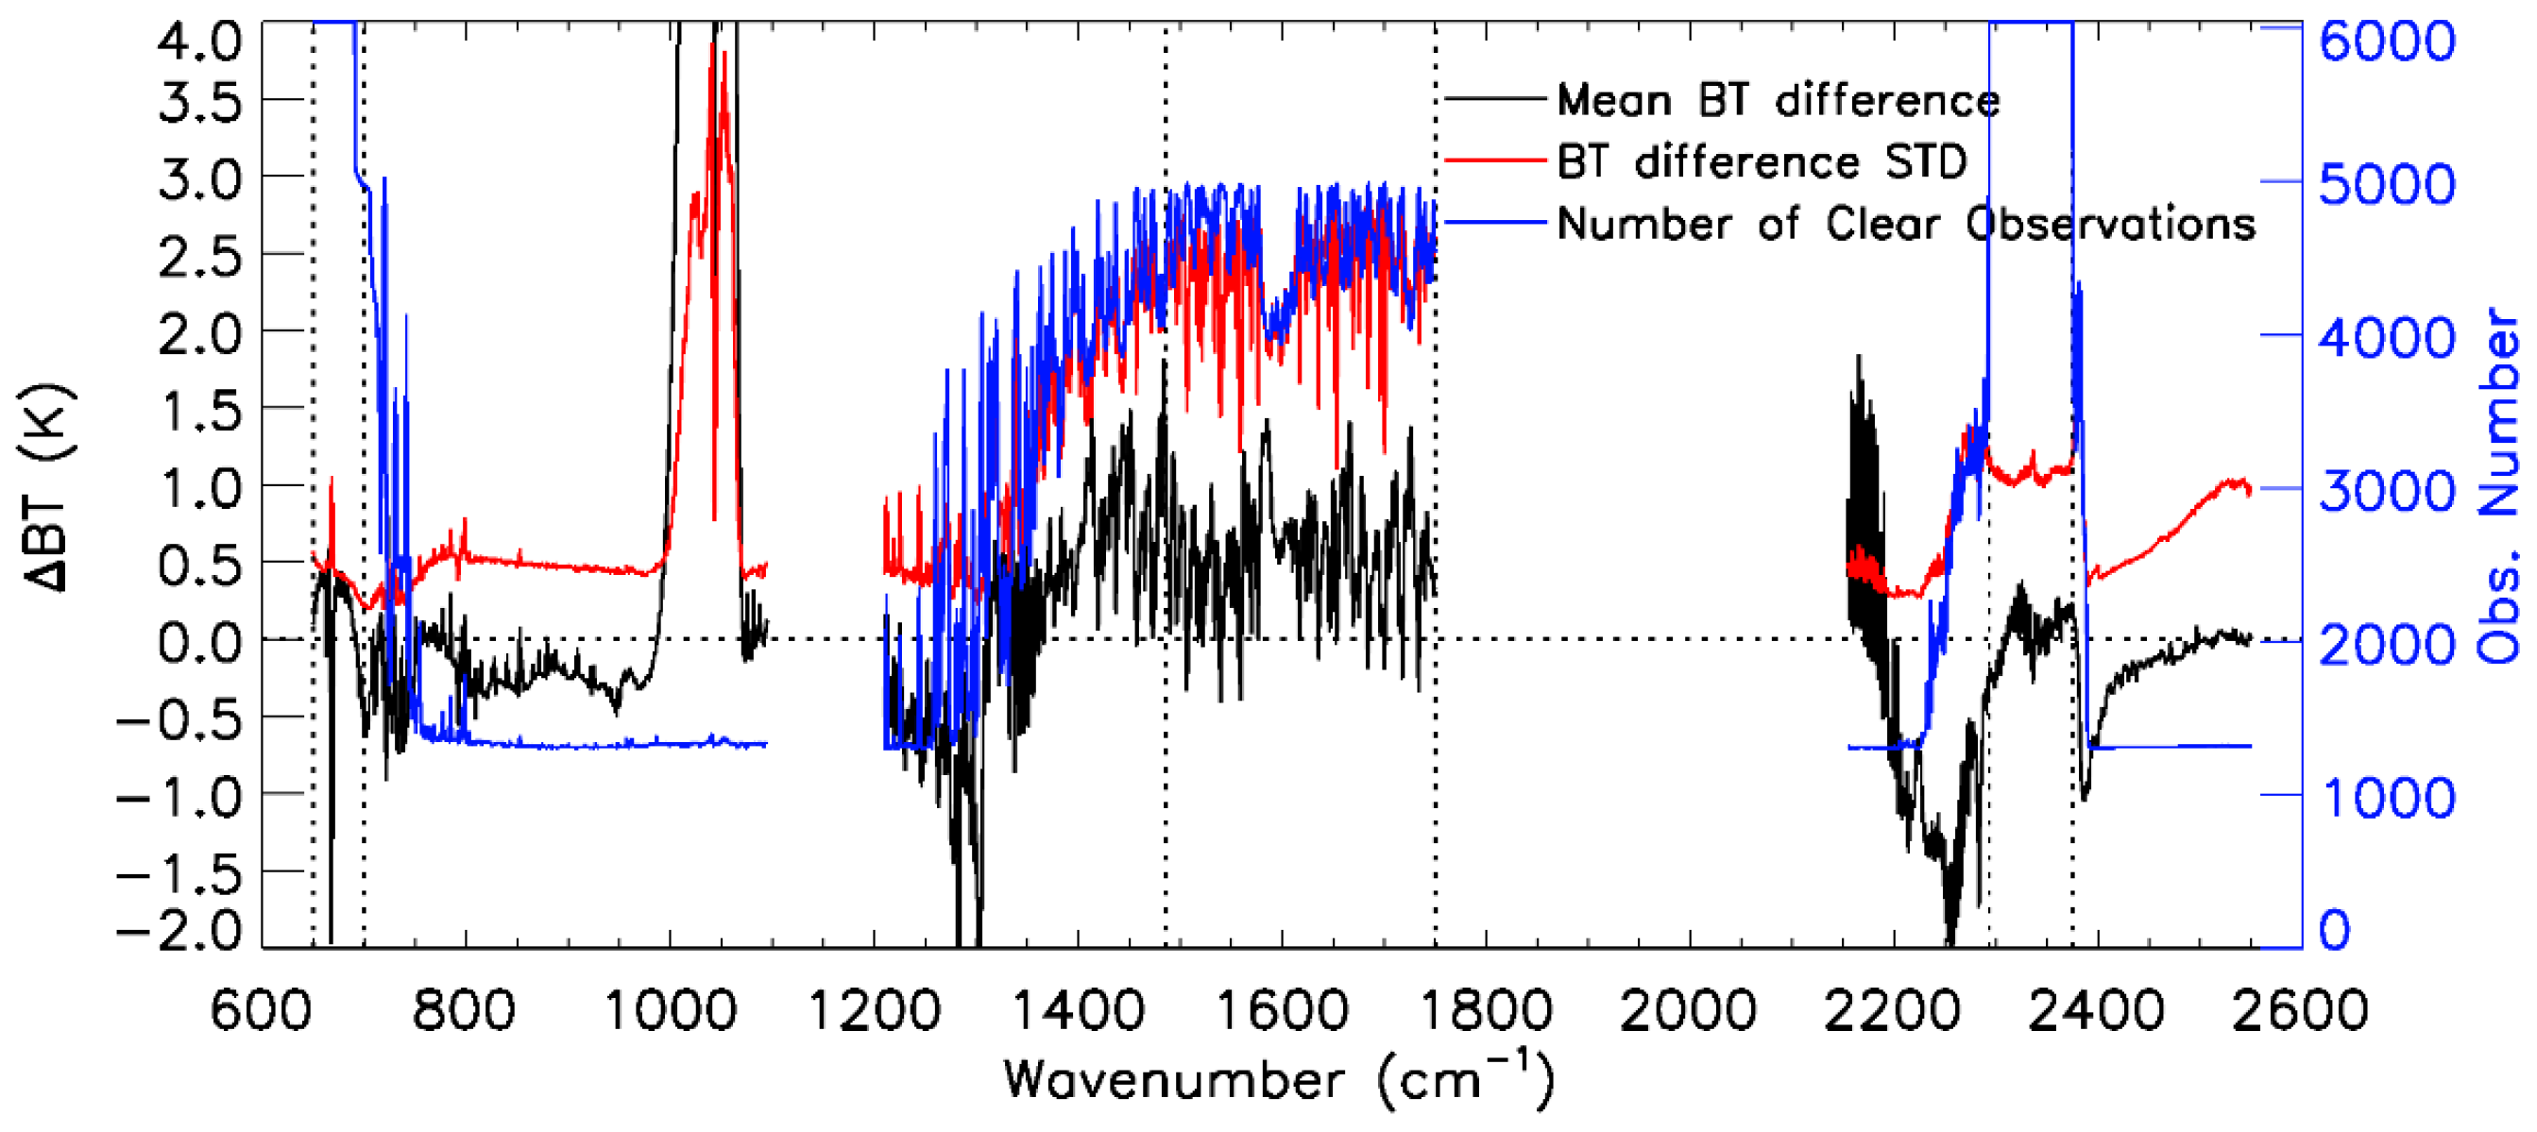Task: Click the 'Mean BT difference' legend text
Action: click(x=1778, y=100)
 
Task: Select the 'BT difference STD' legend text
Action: click(x=1761, y=162)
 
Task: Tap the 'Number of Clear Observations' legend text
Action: click(x=1906, y=225)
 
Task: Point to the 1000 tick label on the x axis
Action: click(x=670, y=1011)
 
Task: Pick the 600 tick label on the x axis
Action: click(x=263, y=1011)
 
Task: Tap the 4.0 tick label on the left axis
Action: click(x=199, y=42)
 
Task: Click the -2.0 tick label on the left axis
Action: click(x=179, y=930)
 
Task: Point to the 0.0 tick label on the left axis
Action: click(x=199, y=643)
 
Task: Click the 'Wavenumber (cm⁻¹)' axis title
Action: click(x=1278, y=1080)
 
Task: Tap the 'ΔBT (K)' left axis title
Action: click(x=46, y=487)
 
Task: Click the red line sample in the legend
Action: click(x=1494, y=161)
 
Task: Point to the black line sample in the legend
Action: click(x=1494, y=98)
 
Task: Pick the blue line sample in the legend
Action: click(x=1494, y=223)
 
